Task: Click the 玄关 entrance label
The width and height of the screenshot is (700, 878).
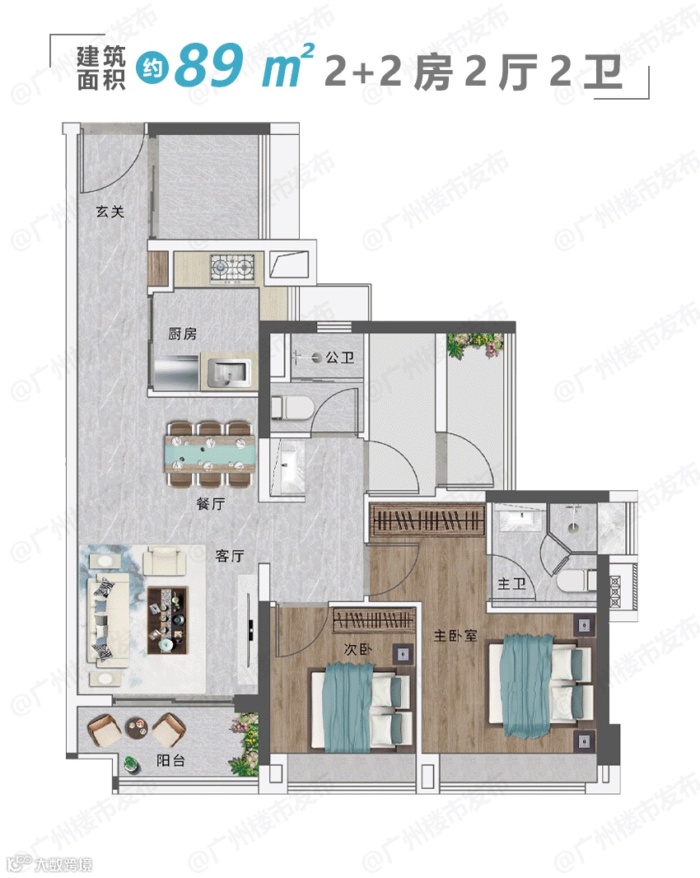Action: (x=110, y=212)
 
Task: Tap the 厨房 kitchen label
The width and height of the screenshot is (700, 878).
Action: (x=183, y=334)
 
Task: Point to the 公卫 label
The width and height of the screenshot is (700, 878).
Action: (x=340, y=357)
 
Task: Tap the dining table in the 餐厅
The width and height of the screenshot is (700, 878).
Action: (x=210, y=453)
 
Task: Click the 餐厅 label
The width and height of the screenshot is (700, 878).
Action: (x=211, y=503)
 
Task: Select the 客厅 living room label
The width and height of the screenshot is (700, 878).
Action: (x=230, y=555)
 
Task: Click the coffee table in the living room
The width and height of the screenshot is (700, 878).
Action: (x=167, y=620)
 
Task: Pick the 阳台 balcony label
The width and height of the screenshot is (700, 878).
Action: (x=170, y=760)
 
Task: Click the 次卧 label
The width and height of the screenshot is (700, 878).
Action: (x=358, y=650)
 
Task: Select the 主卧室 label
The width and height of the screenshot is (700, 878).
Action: (x=455, y=636)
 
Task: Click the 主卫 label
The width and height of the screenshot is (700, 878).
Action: (x=512, y=584)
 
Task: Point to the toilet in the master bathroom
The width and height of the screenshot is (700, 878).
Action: (x=576, y=580)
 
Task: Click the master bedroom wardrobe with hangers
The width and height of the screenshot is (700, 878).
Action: (x=427, y=521)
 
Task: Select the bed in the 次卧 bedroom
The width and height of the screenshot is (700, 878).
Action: (x=362, y=709)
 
